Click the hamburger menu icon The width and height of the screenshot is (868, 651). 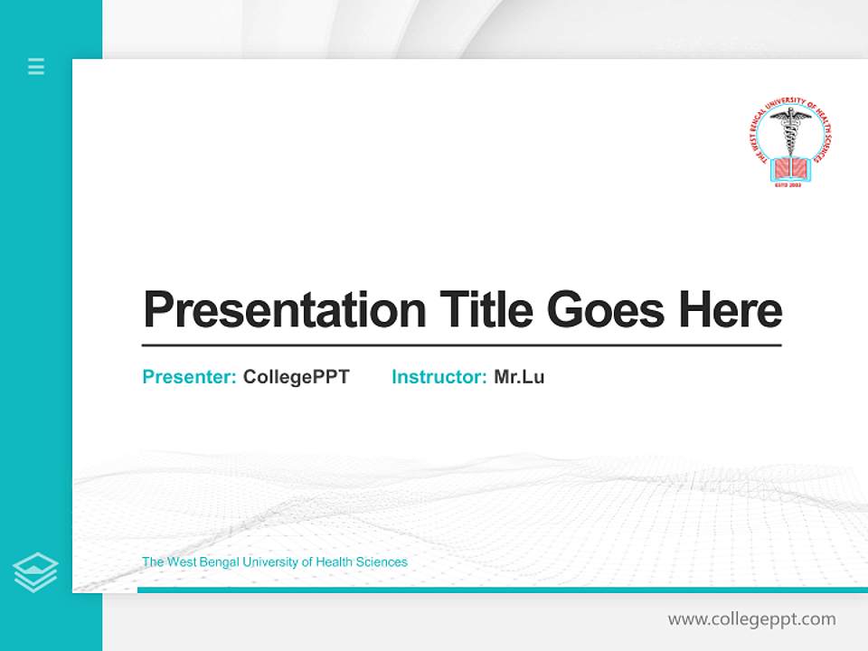[x=36, y=66]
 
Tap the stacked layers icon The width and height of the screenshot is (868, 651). [x=35, y=572]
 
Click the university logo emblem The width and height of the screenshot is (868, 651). [x=790, y=146]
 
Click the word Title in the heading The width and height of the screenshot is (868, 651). [x=486, y=309]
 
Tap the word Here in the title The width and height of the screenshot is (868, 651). [x=731, y=309]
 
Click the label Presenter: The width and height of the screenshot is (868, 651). [x=190, y=377]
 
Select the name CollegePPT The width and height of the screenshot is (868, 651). [x=296, y=377]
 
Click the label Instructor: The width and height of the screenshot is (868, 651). [x=439, y=377]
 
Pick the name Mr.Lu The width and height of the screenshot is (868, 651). [x=519, y=377]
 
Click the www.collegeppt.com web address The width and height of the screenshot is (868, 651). [x=751, y=619]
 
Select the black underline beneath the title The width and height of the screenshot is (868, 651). [x=461, y=345]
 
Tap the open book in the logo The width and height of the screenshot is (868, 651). [x=790, y=166]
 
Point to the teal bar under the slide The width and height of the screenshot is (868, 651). [x=502, y=590]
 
